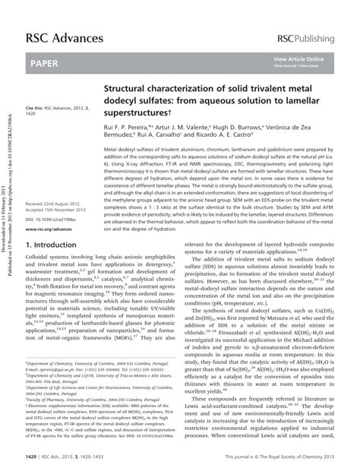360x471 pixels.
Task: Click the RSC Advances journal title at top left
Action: (x=54, y=17)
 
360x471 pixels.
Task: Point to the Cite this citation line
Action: (x=57, y=109)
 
